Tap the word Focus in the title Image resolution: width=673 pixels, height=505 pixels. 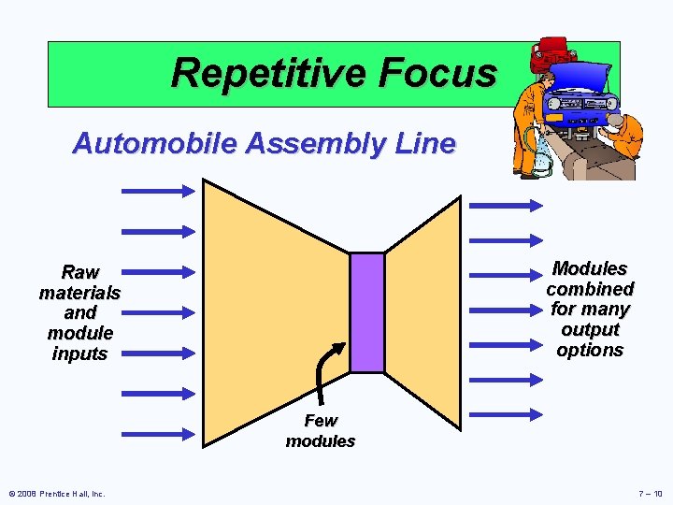pos(444,73)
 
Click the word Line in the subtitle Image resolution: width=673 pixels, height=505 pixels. pos(425,144)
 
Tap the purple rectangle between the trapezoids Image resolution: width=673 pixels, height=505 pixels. pos(367,312)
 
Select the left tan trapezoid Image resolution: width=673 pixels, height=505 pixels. pos(262,309)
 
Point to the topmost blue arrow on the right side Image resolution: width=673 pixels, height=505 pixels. pos(505,204)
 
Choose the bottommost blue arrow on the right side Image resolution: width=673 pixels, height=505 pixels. pos(505,413)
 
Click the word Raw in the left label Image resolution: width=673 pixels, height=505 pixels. pos(80,273)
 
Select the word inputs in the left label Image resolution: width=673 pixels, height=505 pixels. pos(80,353)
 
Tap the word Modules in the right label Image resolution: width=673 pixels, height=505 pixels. pos(590,269)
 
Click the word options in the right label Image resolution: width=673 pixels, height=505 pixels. pos(590,350)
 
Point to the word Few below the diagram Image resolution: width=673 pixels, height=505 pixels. pos(321,421)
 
